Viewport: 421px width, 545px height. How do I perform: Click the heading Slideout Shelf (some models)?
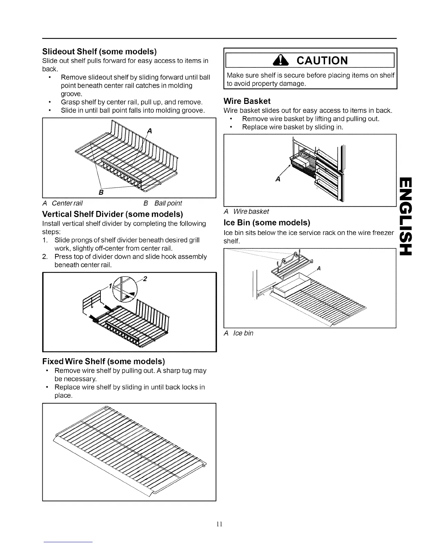click(99, 52)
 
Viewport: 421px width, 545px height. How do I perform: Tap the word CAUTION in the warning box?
click(322, 61)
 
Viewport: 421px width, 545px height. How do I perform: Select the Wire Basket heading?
click(247, 101)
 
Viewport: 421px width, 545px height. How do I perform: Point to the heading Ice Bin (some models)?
click(267, 222)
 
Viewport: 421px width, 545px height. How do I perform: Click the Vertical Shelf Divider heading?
click(112, 214)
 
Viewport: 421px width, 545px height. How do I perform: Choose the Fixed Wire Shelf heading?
click(104, 361)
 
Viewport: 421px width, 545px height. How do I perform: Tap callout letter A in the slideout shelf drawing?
click(149, 131)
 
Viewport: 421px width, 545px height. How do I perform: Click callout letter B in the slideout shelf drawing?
click(101, 193)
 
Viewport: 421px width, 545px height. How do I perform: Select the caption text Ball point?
click(168, 203)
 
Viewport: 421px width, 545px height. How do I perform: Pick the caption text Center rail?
click(67, 203)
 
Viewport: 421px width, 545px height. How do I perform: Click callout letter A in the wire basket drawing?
click(278, 179)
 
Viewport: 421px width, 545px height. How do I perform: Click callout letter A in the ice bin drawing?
click(319, 269)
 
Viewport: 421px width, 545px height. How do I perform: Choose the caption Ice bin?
click(243, 333)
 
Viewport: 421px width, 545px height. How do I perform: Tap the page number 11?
click(220, 524)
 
